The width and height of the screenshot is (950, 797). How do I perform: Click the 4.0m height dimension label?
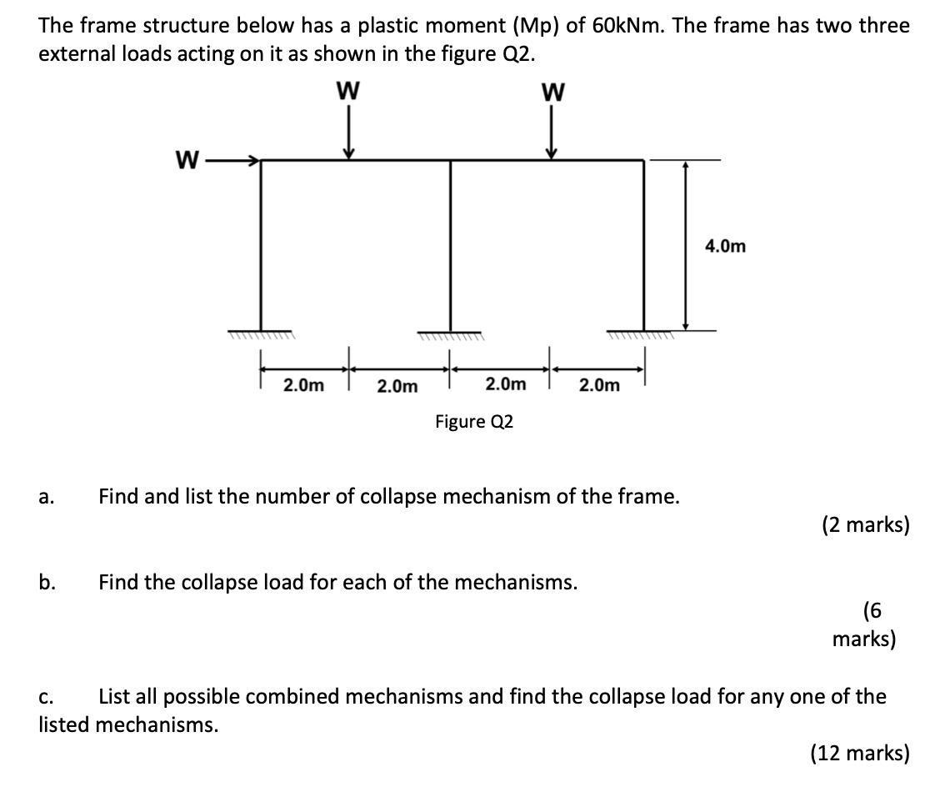[x=726, y=246]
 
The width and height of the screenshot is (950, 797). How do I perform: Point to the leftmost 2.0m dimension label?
[x=303, y=385]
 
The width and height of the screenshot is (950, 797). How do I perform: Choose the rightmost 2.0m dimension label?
[x=598, y=385]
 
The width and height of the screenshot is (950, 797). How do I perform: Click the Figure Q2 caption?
[x=474, y=422]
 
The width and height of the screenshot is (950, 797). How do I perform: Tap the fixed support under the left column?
[x=261, y=335]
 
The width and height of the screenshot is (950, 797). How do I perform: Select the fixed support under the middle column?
[x=451, y=335]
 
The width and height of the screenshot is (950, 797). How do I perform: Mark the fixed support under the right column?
[x=642, y=335]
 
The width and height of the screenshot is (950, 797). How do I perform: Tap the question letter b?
[x=47, y=582]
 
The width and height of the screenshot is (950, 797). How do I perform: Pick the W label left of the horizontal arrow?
[x=187, y=158]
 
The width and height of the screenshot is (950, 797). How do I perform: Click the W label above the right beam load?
[x=552, y=91]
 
